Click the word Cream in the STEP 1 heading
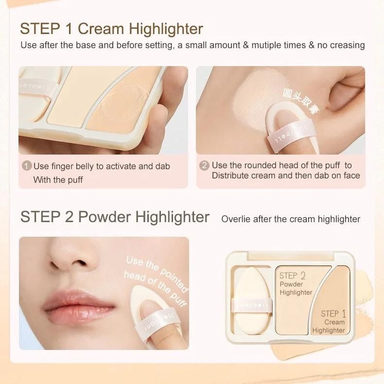click(x=100, y=29)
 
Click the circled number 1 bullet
click(x=27, y=166)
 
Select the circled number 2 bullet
click(x=205, y=166)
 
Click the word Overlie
click(x=237, y=219)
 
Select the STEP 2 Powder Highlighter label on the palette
click(x=296, y=284)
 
